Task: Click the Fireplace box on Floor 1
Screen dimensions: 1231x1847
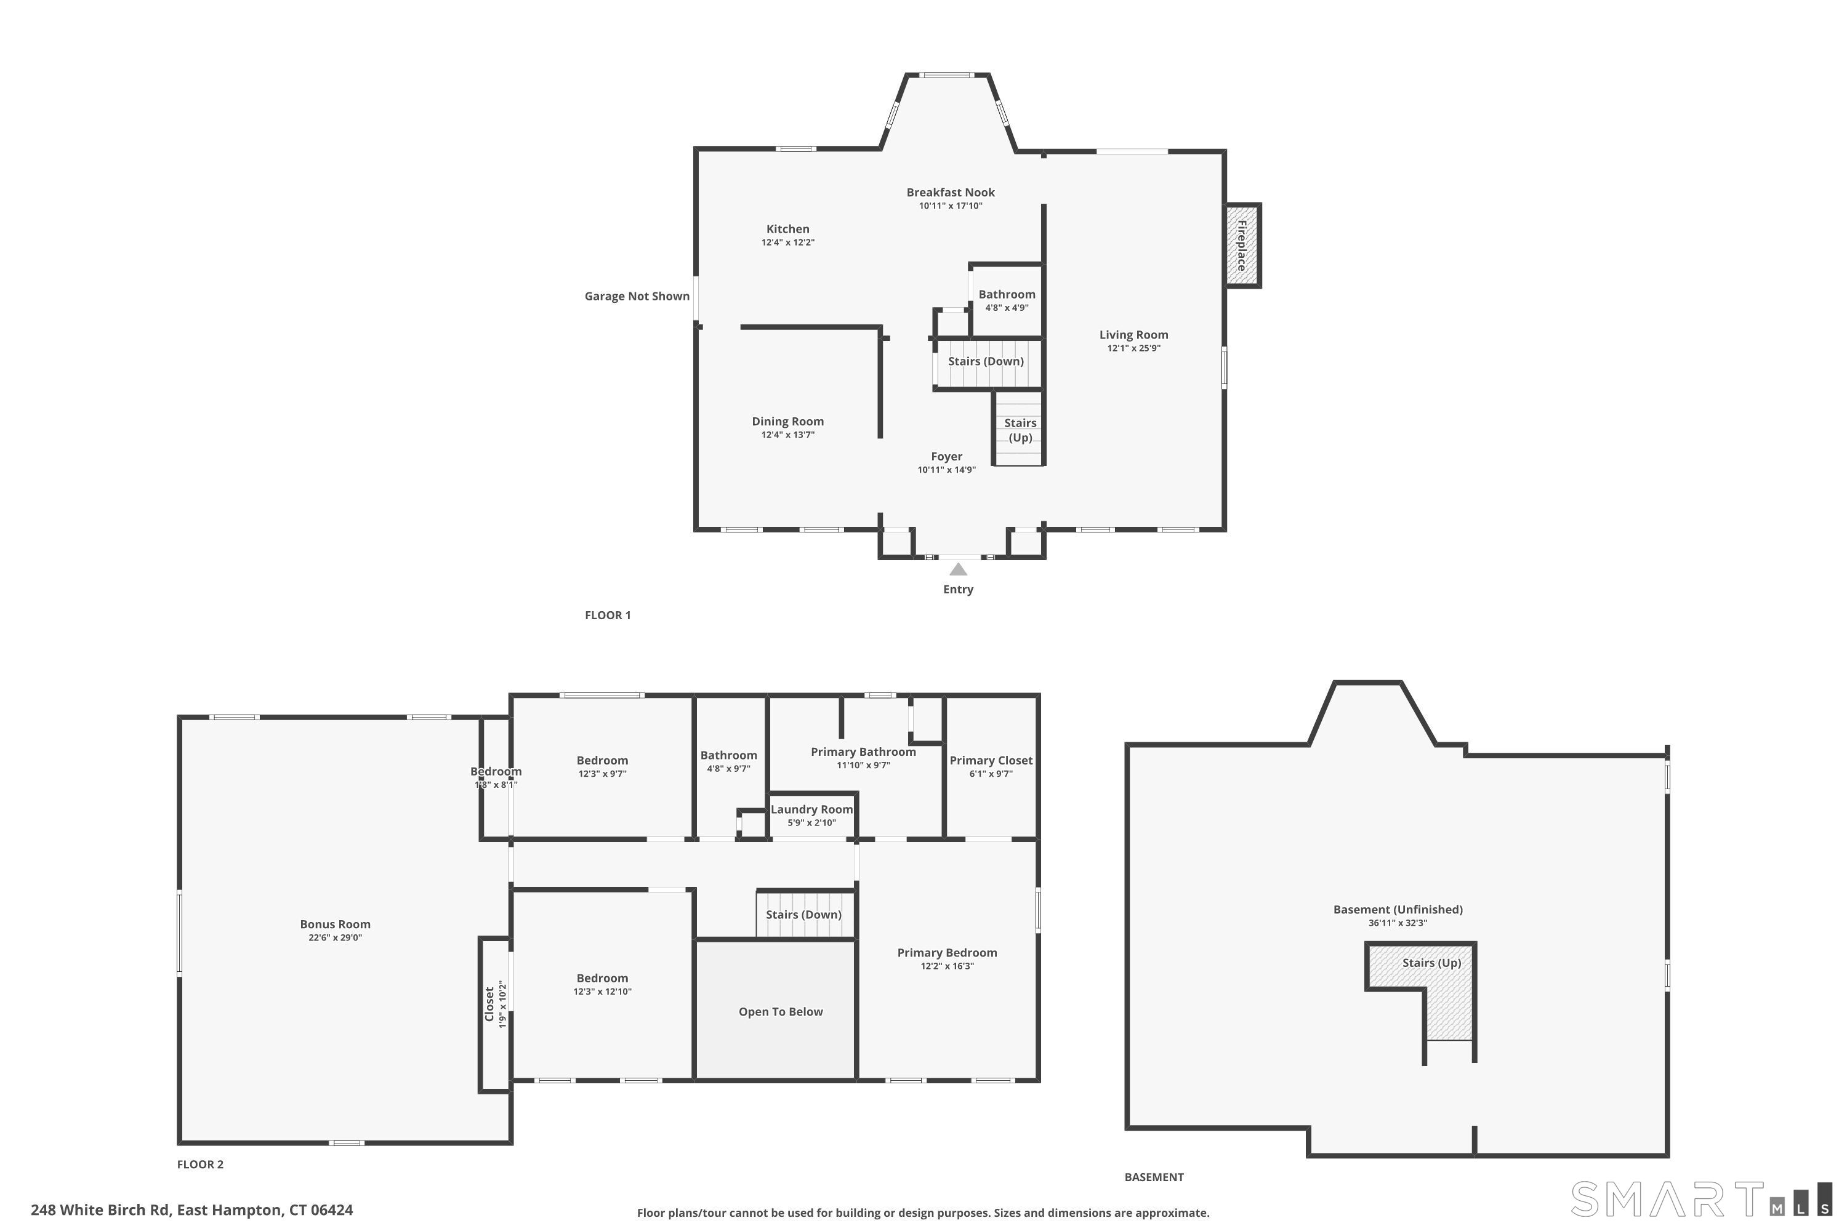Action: [x=1243, y=246]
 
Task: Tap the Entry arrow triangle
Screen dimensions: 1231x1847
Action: [x=958, y=570]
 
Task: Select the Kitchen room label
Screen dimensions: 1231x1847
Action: [x=787, y=229]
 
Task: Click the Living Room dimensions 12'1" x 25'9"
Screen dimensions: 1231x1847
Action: [x=1133, y=348]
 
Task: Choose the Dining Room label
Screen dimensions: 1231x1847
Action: [x=787, y=422]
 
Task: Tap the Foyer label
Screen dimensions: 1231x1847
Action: [x=946, y=457]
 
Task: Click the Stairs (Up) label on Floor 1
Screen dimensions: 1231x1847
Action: [x=1020, y=430]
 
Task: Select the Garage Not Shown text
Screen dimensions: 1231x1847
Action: [x=637, y=296]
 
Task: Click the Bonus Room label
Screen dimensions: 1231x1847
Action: [x=336, y=925]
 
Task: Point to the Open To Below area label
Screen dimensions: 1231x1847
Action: [x=781, y=1012]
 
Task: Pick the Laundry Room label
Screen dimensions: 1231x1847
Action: [x=811, y=809]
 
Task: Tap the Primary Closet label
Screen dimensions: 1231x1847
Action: [x=991, y=761]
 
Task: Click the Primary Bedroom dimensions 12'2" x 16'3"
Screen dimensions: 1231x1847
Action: [x=947, y=966]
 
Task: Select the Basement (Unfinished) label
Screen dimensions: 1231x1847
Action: [x=1398, y=910]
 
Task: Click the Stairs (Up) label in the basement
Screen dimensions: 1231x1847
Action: [x=1431, y=963]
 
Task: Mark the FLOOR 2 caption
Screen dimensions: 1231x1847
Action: [x=200, y=1165]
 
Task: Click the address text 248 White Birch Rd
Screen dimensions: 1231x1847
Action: [x=100, y=1210]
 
